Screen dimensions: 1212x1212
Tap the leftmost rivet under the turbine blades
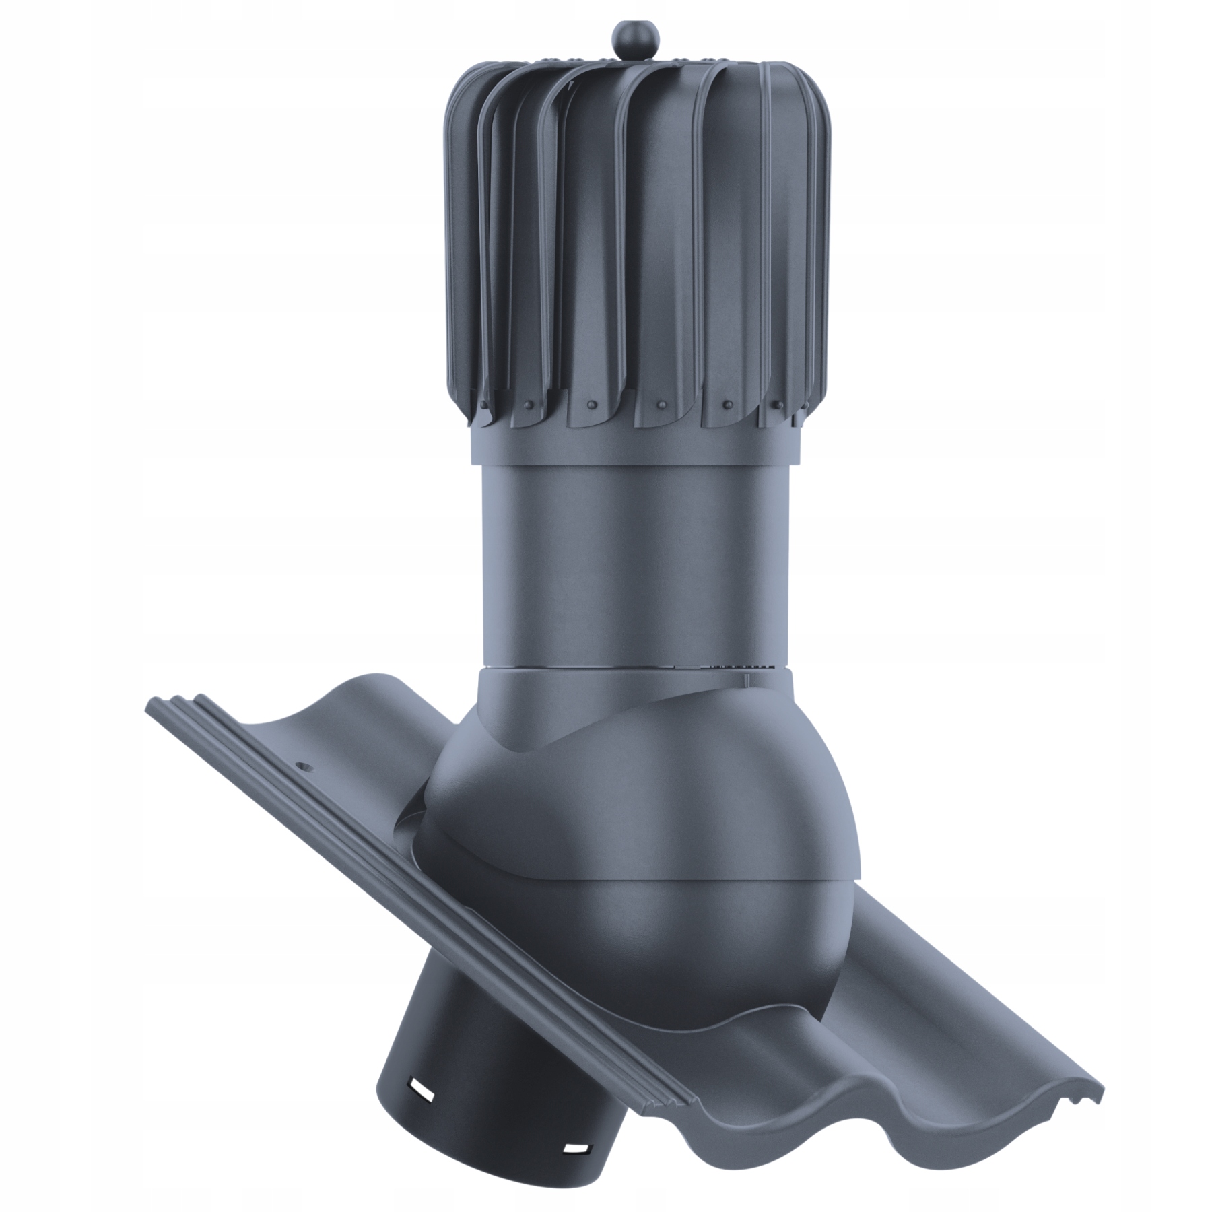483,405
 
